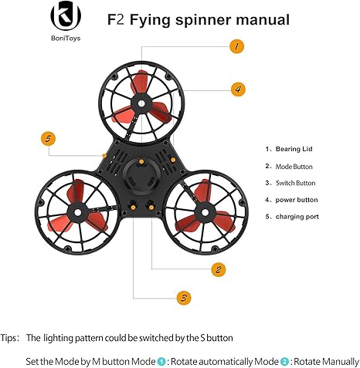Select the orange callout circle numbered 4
click(x=238, y=89)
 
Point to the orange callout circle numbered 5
click(x=49, y=139)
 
